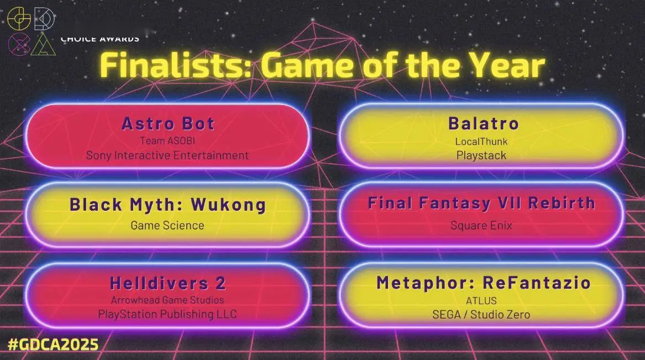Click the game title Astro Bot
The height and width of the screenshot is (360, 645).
point(167,123)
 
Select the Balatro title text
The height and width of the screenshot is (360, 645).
point(484,123)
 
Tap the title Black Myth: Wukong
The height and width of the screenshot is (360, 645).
point(167,205)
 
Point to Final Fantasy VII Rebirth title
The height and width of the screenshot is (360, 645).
point(481,203)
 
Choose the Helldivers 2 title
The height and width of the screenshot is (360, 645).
point(167,283)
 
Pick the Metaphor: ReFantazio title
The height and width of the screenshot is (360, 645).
point(484,283)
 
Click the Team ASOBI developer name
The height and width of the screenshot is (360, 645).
point(167,141)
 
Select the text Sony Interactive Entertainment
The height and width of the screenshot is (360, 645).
point(167,155)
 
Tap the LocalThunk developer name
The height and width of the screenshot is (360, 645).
point(481,142)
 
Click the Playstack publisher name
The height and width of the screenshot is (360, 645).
point(481,155)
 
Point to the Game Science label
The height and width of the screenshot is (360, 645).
point(167,225)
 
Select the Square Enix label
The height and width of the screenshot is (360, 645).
point(481,225)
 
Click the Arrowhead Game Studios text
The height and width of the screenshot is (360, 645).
point(167,300)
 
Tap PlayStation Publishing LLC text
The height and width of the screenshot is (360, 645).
point(167,314)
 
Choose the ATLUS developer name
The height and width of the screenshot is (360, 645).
point(481,301)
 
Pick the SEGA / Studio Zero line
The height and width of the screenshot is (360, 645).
point(481,314)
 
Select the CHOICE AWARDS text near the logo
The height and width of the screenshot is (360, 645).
point(99,39)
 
